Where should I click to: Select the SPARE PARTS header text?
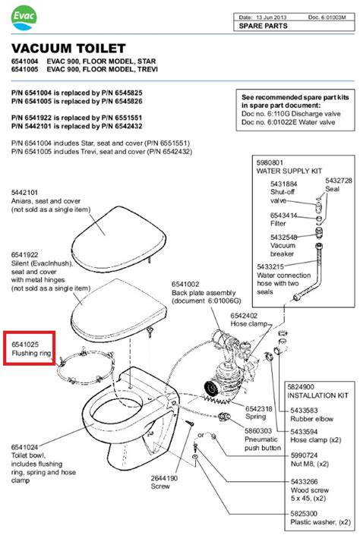(x=262, y=26)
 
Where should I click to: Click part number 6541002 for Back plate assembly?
(x=185, y=283)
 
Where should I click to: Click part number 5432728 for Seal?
(x=339, y=181)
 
